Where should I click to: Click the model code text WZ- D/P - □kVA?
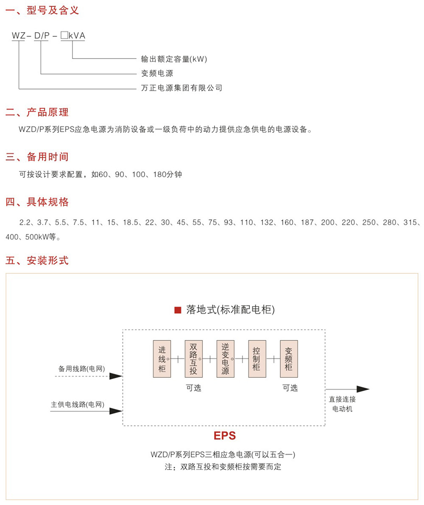(x=48, y=36)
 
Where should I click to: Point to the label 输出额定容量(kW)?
(x=174, y=59)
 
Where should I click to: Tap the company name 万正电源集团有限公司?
(x=181, y=88)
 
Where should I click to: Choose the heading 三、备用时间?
(x=37, y=157)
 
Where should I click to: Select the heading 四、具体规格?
(x=37, y=202)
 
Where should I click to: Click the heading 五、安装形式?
(x=37, y=260)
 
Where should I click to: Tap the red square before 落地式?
(x=178, y=310)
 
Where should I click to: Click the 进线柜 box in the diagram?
(x=162, y=359)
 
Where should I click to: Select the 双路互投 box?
(x=193, y=359)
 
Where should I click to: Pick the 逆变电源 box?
(x=225, y=359)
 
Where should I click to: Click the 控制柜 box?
(x=257, y=359)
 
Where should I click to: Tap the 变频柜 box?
(x=289, y=359)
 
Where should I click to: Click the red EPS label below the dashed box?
(x=225, y=436)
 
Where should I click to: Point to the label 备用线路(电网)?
(x=81, y=369)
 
